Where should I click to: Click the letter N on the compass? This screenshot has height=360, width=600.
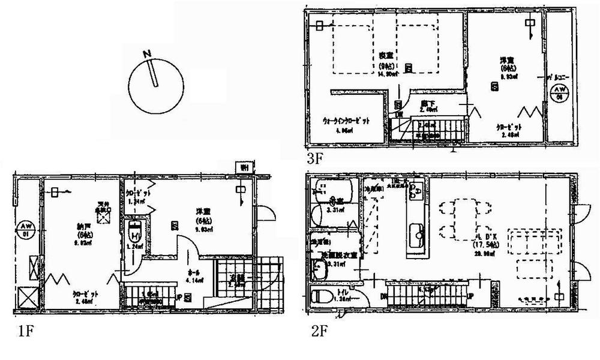coord(147,54)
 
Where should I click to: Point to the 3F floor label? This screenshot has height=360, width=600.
coord(316,159)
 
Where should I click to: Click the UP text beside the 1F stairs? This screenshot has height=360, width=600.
coord(179,295)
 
